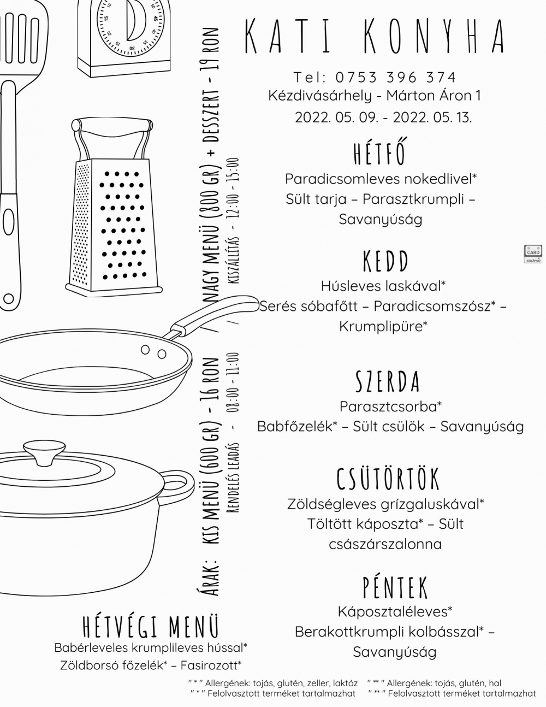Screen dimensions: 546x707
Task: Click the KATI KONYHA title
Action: [374, 36]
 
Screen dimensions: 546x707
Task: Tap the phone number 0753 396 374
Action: [395, 78]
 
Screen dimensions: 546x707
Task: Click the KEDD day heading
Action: [385, 261]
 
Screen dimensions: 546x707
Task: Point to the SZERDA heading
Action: [388, 381]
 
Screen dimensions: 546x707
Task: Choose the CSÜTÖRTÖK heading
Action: [388, 479]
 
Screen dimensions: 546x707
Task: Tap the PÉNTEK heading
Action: [395, 587]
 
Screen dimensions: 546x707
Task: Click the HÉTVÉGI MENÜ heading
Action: [151, 626]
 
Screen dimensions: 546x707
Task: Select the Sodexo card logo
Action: [533, 254]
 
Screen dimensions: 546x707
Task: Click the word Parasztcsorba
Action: [388, 406]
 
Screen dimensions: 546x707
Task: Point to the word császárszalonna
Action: [385, 544]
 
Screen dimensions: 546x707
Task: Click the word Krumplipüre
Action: [381, 326]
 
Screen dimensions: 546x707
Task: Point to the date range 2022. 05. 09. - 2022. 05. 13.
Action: [383, 117]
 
